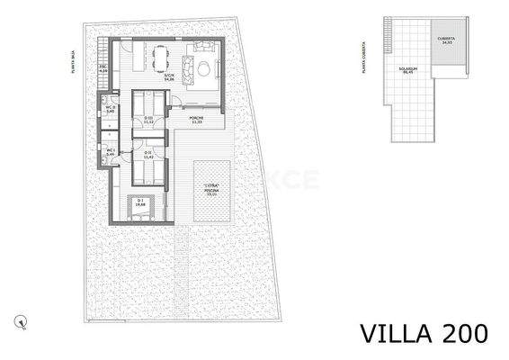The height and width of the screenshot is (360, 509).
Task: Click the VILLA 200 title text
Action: [x=424, y=333]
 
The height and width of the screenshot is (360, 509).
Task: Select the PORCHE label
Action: [x=196, y=121]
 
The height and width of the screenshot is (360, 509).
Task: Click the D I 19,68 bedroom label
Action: [x=139, y=203]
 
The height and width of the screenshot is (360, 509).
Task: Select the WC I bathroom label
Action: [x=110, y=153]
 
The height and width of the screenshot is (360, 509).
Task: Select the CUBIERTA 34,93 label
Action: [x=446, y=40]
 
